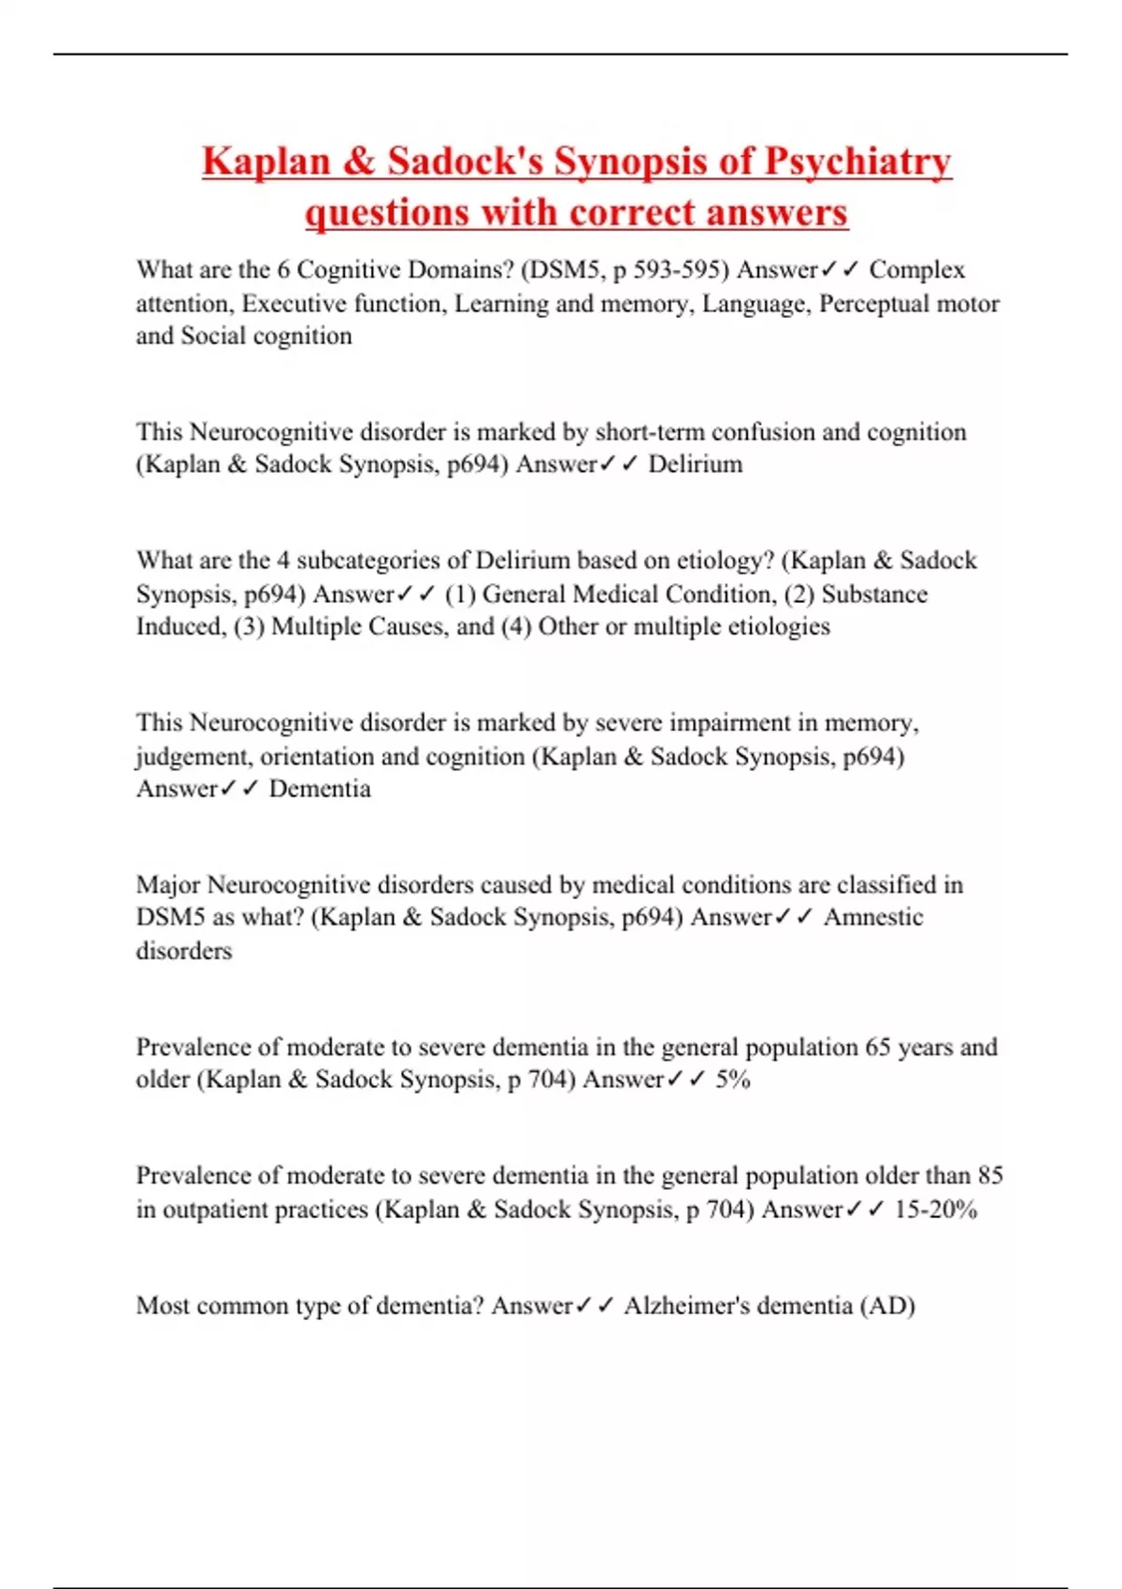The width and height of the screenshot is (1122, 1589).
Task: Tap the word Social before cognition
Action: pyautogui.click(x=213, y=336)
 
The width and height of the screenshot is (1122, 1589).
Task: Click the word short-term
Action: pyautogui.click(x=650, y=432)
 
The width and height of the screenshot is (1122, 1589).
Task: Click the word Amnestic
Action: pyautogui.click(x=873, y=918)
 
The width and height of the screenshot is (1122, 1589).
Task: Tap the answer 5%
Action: pyautogui.click(x=733, y=1080)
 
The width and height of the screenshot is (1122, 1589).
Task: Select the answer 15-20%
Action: pyautogui.click(x=936, y=1210)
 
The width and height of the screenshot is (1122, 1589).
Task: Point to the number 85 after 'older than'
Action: pyautogui.click(x=990, y=1176)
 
